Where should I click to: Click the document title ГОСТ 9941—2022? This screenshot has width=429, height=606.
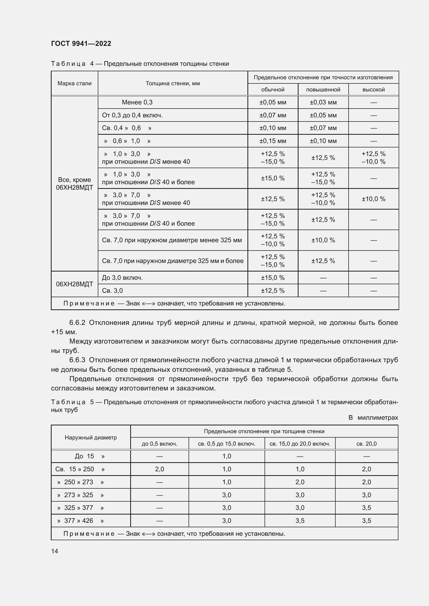[x=81, y=44]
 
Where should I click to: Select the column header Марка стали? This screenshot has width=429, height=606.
[x=74, y=83]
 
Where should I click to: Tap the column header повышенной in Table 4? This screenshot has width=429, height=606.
[x=323, y=90]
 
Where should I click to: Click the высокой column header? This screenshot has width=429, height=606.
[x=373, y=90]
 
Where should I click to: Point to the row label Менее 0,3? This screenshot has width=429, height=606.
[x=137, y=102]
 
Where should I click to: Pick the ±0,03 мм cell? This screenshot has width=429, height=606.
[x=323, y=102]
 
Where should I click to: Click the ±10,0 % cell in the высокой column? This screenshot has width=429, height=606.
[x=373, y=199]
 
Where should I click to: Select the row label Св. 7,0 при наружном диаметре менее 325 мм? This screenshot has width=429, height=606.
[x=172, y=240]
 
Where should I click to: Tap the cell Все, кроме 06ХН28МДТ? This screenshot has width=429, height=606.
[x=74, y=184]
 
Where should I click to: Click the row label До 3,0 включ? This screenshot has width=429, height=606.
[x=122, y=278]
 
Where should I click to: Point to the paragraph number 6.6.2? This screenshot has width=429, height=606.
[x=77, y=323]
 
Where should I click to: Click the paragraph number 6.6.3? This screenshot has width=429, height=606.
[x=77, y=360]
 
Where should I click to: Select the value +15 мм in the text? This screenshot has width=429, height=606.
[x=64, y=332]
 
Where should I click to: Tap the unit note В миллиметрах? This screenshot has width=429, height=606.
[x=373, y=418]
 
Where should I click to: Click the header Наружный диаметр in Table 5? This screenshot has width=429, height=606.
[x=91, y=438]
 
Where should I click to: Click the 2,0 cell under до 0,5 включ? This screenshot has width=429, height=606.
[x=160, y=469]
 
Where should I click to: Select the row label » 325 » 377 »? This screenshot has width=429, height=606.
[x=80, y=508]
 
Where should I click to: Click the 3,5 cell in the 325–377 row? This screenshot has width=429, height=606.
[x=366, y=508]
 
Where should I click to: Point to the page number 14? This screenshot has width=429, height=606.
[x=55, y=551]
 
